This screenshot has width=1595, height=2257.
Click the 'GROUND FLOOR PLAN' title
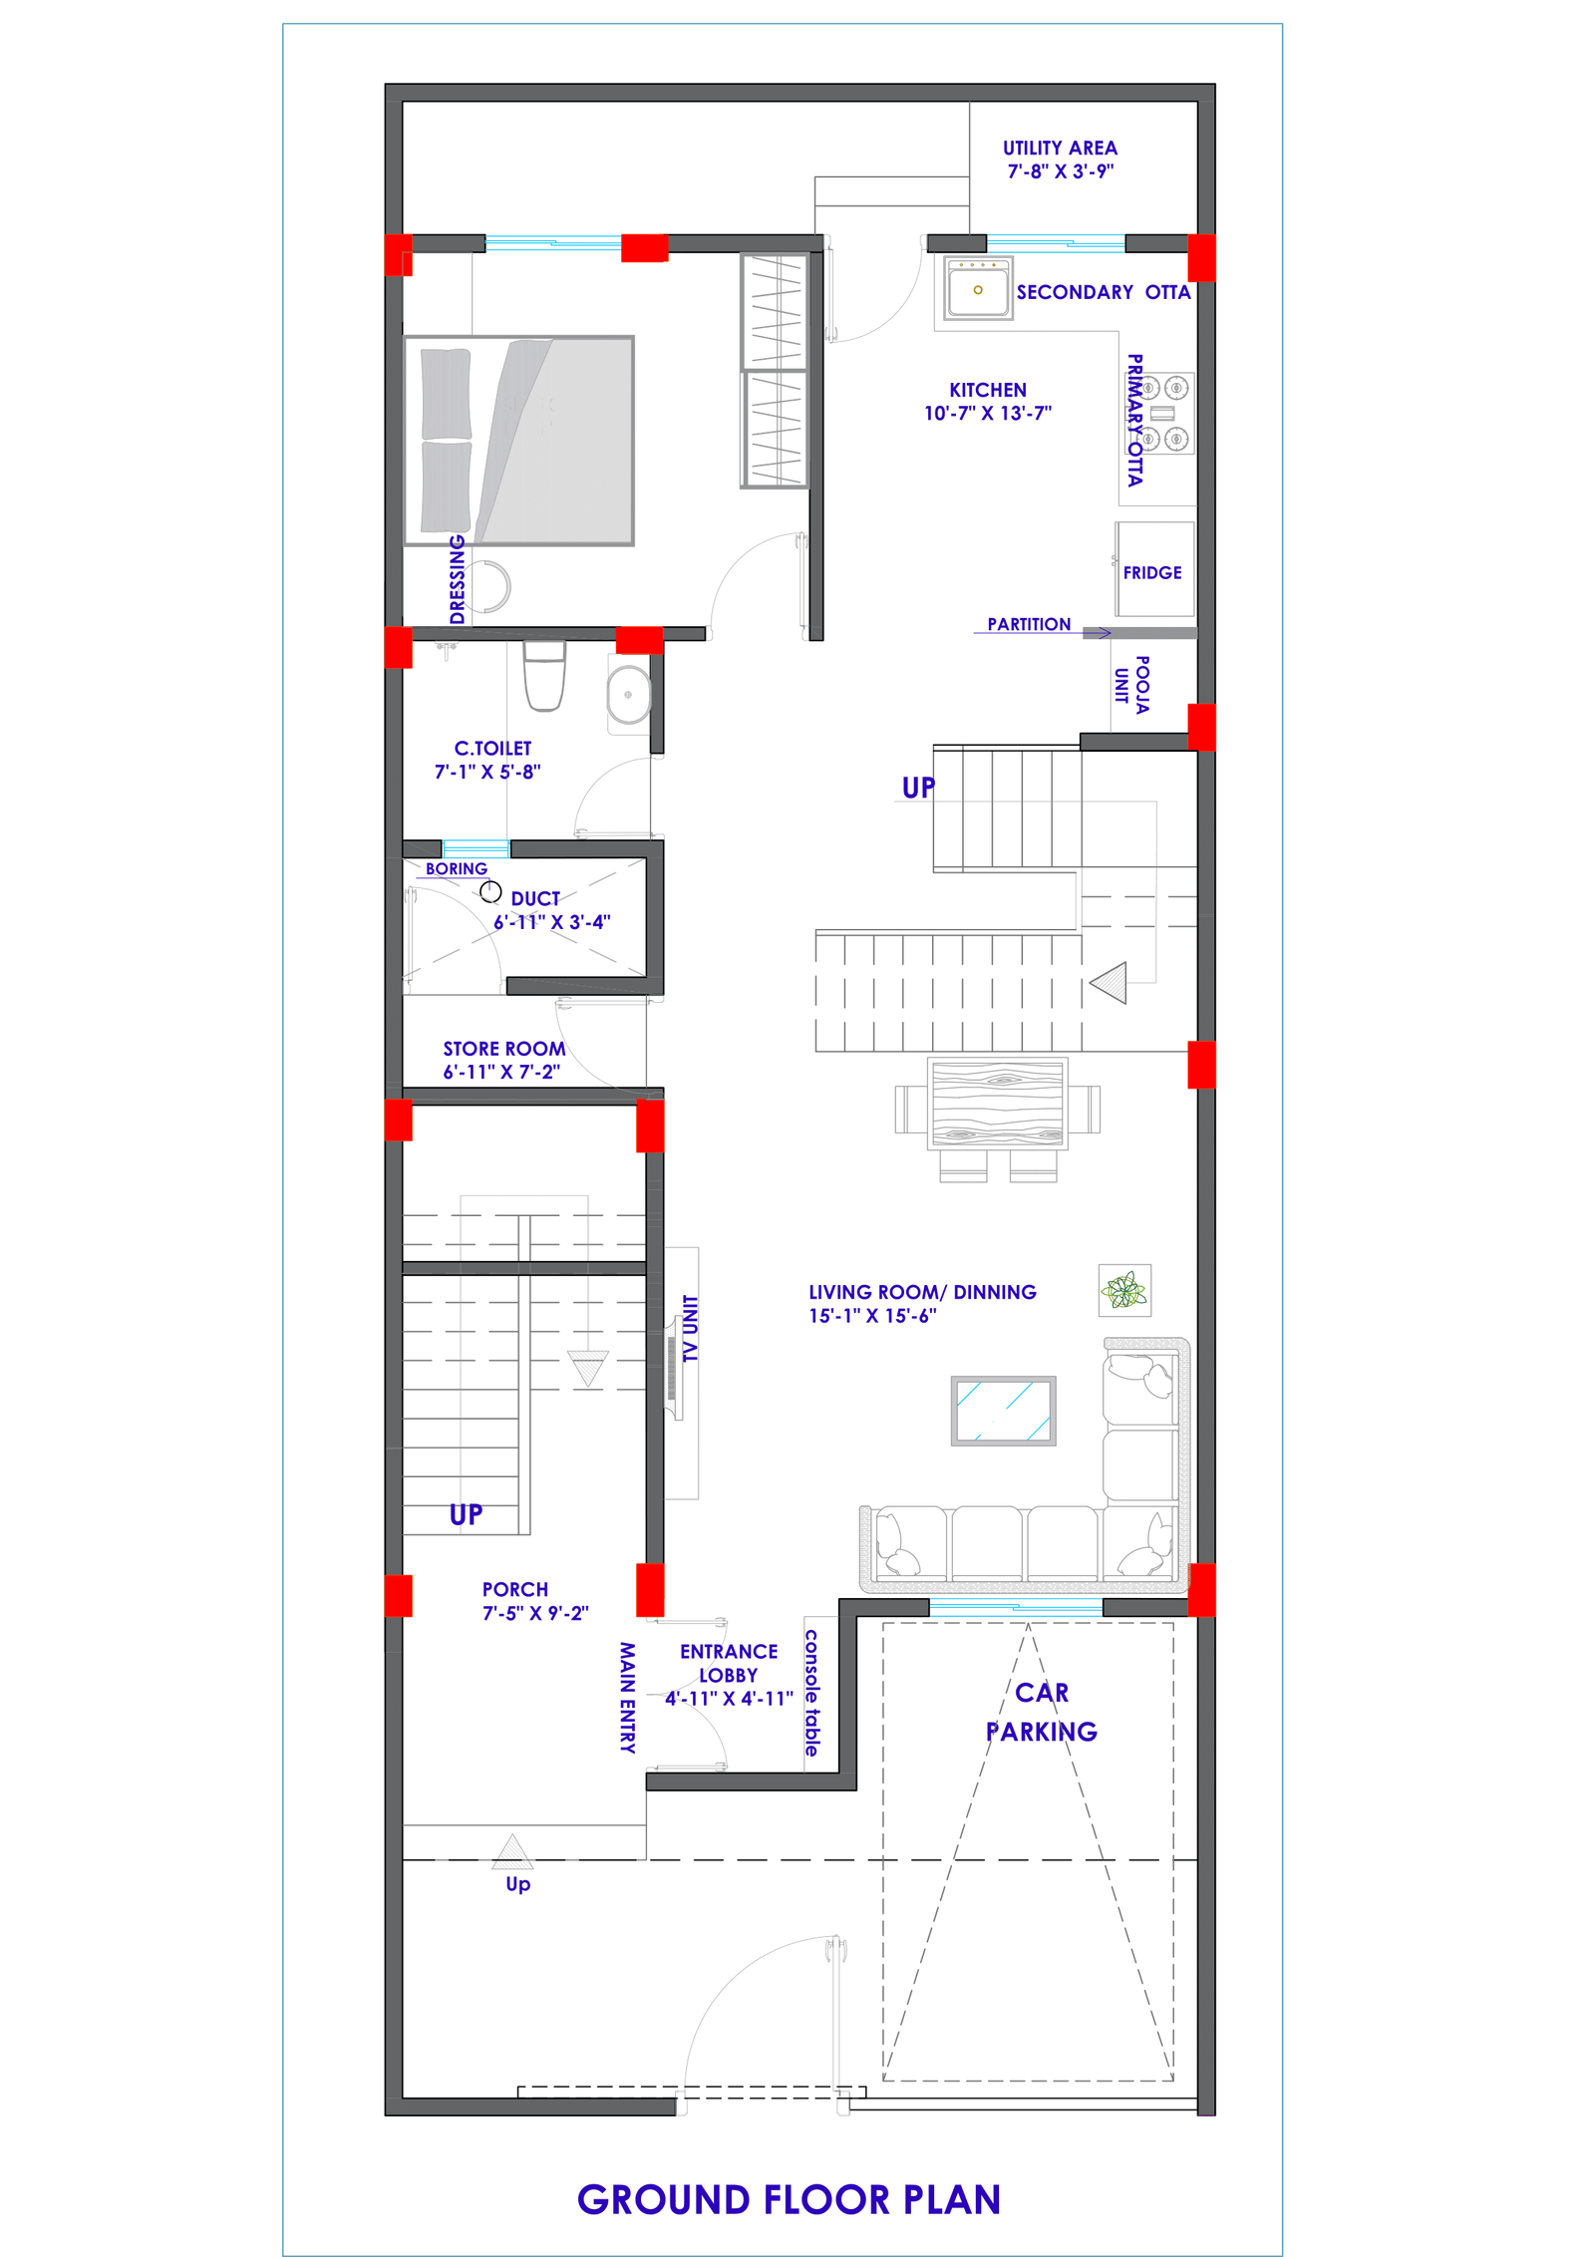pyautogui.click(x=789, y=2199)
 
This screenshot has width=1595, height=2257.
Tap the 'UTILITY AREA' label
pyautogui.click(x=1060, y=148)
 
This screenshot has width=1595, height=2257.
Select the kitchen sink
pyautogui.click(x=977, y=287)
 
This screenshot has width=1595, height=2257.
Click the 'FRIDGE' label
pyautogui.click(x=1151, y=572)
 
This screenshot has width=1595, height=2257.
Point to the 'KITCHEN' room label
pyautogui.click(x=987, y=390)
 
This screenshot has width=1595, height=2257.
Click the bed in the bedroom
pyautogui.click(x=518, y=441)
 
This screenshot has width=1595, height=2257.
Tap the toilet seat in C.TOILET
pyautogui.click(x=544, y=676)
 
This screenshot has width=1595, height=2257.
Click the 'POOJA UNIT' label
pyautogui.click(x=1131, y=685)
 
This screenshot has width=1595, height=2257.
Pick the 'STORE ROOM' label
pyautogui.click(x=503, y=1049)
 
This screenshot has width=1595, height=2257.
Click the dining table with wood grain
pyautogui.click(x=998, y=1105)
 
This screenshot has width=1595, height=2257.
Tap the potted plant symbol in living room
pyautogui.click(x=1124, y=1290)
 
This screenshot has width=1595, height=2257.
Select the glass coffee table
pyautogui.click(x=1003, y=1411)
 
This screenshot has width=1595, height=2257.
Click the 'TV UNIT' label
pyautogui.click(x=690, y=1329)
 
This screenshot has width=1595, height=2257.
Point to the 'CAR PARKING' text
pyautogui.click(x=1042, y=1712)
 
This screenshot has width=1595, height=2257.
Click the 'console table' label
pyautogui.click(x=812, y=1693)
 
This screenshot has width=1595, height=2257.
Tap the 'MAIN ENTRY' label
pyautogui.click(x=627, y=1698)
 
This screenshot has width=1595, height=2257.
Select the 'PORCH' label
pyautogui.click(x=514, y=1589)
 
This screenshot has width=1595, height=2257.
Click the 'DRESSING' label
pyautogui.click(x=458, y=579)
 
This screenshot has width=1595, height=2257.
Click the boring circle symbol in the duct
pyautogui.click(x=490, y=890)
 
